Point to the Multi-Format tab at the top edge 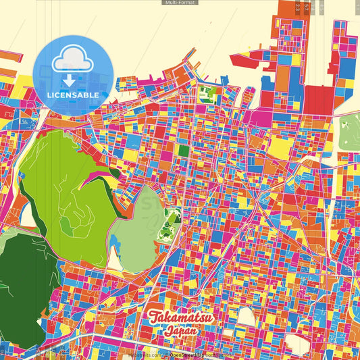(x=180, y=3)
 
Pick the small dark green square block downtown (x=184, y=151)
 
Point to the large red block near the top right (x=317, y=101)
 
